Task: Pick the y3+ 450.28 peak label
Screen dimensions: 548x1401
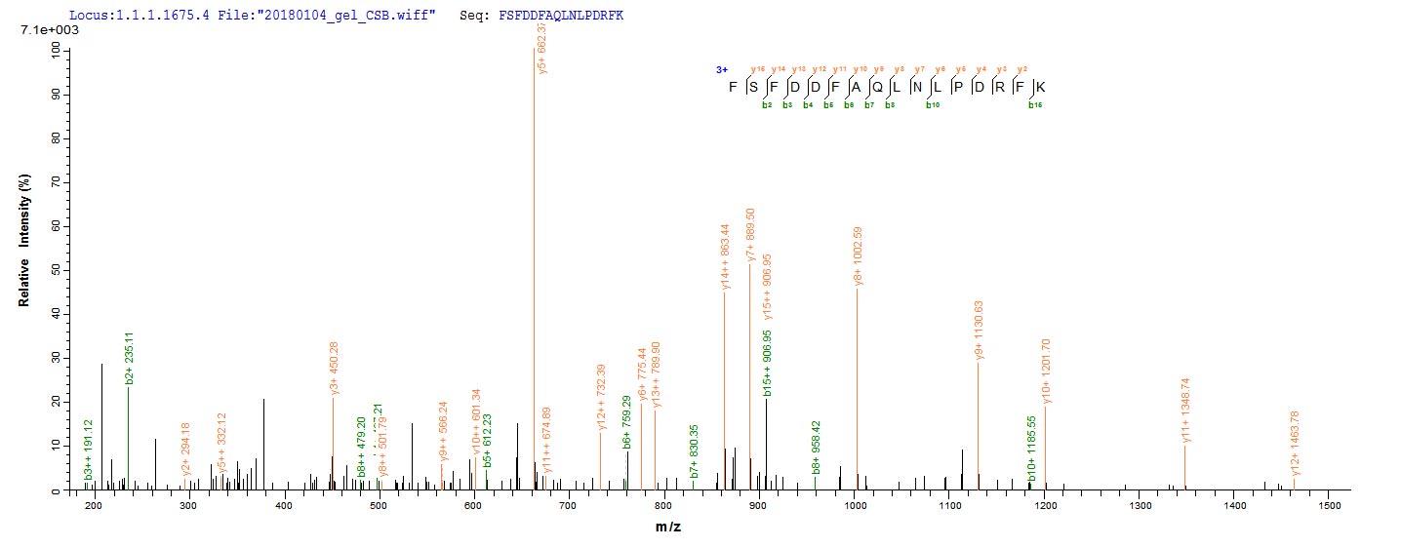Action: tap(335, 367)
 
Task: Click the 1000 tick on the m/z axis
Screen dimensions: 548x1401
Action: tap(855, 507)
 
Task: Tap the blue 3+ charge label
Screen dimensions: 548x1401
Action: tap(722, 70)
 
